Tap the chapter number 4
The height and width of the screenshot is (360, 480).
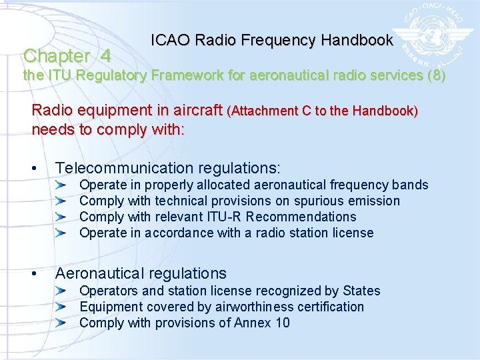(x=105, y=55)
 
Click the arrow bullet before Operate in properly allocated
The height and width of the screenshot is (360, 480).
(x=61, y=185)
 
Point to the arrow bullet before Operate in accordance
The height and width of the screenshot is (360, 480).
(x=61, y=233)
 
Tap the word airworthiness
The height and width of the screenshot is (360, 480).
(x=250, y=307)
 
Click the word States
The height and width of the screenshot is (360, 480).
(x=361, y=291)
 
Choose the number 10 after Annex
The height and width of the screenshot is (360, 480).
(x=282, y=323)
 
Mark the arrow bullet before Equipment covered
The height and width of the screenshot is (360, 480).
(x=61, y=307)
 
